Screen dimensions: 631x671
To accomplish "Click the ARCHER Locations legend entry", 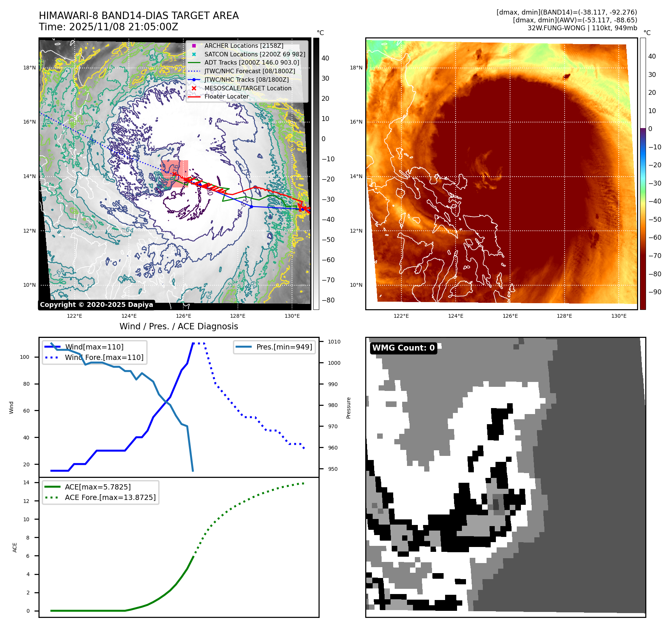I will (x=243, y=46).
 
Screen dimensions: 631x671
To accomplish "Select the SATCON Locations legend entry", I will (x=255, y=54).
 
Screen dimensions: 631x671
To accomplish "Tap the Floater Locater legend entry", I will (x=226, y=96).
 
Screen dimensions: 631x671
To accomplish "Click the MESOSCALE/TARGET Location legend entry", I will (x=248, y=88).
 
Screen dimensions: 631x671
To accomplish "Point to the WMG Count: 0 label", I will (x=403, y=348).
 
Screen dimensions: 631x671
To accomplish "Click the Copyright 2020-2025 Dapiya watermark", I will (x=96, y=305).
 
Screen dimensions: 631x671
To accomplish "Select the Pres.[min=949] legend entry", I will (x=284, y=347).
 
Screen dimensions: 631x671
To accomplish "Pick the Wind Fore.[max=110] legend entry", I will (x=104, y=357).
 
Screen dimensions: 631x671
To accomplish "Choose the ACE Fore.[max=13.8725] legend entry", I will (x=110, y=497).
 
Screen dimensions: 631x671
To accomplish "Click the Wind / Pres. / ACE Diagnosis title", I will (x=178, y=326).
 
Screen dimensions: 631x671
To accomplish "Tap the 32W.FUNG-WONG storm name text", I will (x=556, y=28).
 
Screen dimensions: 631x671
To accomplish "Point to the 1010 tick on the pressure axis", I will (x=334, y=342).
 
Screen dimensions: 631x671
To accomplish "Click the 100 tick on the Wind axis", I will (x=25, y=357).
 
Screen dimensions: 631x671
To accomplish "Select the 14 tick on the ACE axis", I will (x=27, y=482).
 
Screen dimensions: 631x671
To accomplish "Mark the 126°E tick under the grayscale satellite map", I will (x=183, y=316).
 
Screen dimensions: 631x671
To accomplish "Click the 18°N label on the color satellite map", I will (x=356, y=68).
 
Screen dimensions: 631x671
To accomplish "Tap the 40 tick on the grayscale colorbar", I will (x=325, y=58).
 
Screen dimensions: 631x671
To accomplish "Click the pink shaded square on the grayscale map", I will (x=174, y=174).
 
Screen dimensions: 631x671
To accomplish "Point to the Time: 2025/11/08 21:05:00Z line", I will (x=108, y=27).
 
